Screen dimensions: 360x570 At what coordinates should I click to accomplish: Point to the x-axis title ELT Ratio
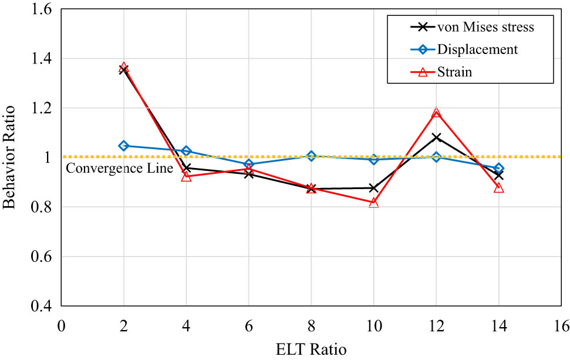pos(311,349)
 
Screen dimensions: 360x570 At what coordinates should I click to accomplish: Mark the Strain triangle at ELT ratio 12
pos(436,113)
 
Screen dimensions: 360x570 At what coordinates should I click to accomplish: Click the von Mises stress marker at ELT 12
pos(436,137)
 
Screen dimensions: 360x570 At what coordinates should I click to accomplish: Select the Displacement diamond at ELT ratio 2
pos(123,145)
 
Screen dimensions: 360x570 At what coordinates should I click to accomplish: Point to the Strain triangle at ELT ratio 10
pos(374,203)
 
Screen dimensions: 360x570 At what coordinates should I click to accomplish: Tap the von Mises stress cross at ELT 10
pos(374,188)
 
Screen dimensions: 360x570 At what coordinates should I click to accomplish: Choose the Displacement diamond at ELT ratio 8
pos(311,156)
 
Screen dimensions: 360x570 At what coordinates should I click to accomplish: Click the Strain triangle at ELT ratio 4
pos(186,176)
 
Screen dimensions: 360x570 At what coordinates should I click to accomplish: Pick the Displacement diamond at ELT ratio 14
pos(499,168)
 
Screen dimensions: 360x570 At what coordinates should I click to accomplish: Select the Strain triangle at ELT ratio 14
pos(499,187)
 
